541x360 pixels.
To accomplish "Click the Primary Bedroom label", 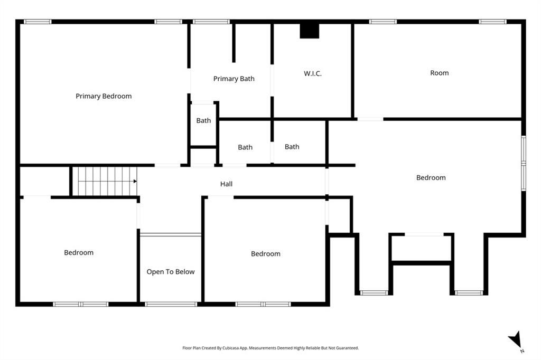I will [104, 96].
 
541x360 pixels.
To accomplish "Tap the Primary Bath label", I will [234, 79].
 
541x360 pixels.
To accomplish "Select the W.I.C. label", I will [313, 73].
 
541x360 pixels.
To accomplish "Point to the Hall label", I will [226, 184].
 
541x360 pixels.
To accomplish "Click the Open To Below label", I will [171, 272].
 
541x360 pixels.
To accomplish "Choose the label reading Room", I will [439, 73].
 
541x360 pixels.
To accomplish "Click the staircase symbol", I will [104, 181].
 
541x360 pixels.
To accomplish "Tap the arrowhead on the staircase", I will [135, 181].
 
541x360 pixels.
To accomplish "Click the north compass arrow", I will [515, 339].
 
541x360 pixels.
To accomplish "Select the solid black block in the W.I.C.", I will [310, 31].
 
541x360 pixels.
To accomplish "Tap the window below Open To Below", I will [171, 304].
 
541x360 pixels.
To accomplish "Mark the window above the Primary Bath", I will [211, 22].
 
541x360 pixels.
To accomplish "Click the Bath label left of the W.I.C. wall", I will [245, 147].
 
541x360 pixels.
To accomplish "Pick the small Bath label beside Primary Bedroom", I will [203, 120].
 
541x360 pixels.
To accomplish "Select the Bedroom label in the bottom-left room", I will [79, 252].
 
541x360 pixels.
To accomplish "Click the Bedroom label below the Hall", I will [265, 254].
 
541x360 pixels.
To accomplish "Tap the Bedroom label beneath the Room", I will [431, 177].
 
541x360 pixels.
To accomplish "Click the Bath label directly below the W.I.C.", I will [292, 147].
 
